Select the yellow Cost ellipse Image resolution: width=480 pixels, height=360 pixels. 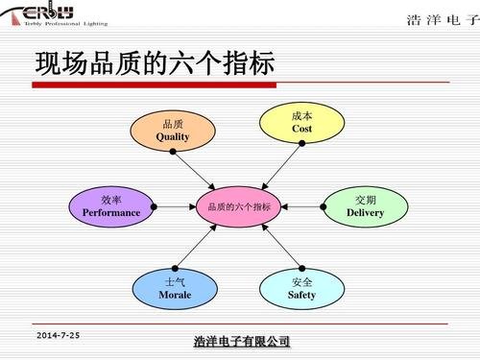[x=301, y=122]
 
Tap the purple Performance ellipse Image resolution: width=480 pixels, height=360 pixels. [x=110, y=205]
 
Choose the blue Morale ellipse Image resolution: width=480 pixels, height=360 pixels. [x=175, y=288]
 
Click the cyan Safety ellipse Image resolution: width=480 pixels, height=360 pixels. [x=301, y=288]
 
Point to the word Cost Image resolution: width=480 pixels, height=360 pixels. [x=301, y=129]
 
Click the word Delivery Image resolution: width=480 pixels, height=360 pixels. [x=365, y=212]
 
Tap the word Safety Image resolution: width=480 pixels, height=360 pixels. [x=301, y=295]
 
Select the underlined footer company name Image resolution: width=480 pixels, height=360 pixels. [x=241, y=342]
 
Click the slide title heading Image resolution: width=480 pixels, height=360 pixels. [x=155, y=64]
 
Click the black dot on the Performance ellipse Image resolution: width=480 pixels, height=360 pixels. [x=155, y=205]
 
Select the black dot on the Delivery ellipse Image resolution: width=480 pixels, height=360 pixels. [x=323, y=205]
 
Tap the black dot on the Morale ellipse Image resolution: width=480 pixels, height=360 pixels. [x=175, y=268]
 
